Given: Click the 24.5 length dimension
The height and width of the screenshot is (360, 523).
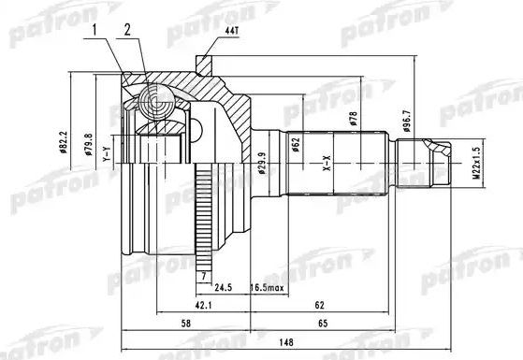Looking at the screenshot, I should [223, 288].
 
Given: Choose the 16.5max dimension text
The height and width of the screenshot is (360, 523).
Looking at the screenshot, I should [267, 288].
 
